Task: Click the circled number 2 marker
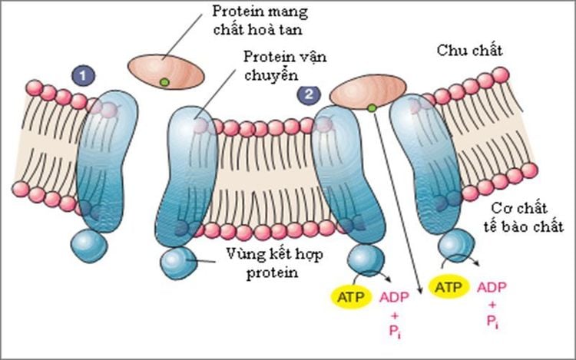coord(309,95)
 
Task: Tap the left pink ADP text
coord(394,296)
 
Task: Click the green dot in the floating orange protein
coord(163,81)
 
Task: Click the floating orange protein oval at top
coord(167,71)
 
